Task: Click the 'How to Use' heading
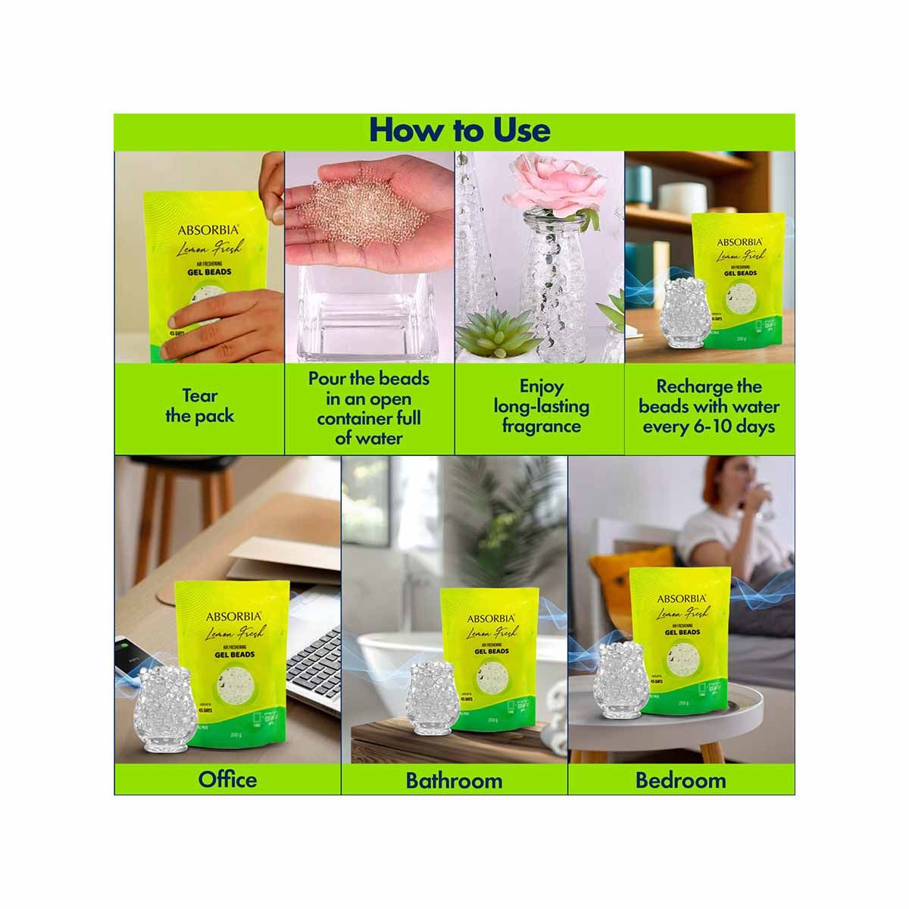tap(459, 130)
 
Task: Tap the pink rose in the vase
tap(558, 182)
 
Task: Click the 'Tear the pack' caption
tap(199, 405)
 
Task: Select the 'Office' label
tap(227, 779)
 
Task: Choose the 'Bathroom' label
tap(454, 779)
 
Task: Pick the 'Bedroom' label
tap(680, 779)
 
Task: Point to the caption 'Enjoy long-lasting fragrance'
tap(541, 406)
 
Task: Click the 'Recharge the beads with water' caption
tap(708, 406)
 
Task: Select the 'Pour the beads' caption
tap(368, 408)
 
